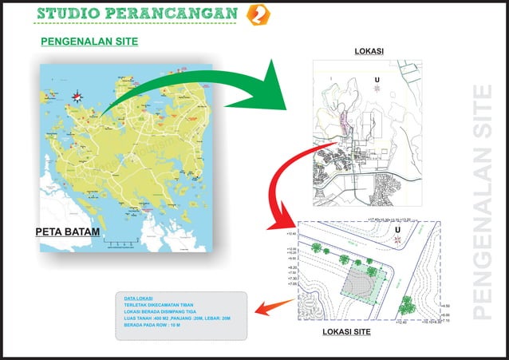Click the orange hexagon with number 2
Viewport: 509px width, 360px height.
tap(258, 15)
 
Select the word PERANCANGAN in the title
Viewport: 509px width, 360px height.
tap(177, 15)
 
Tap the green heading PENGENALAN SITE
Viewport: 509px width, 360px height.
tap(89, 42)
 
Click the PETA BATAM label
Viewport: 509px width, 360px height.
tap(67, 232)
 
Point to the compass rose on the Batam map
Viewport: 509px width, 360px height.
tap(78, 97)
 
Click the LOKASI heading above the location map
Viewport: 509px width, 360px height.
tap(369, 51)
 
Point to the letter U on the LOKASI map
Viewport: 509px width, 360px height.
tap(377, 80)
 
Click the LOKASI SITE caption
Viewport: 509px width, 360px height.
tap(347, 331)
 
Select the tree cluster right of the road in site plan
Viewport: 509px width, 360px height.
tap(408, 304)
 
